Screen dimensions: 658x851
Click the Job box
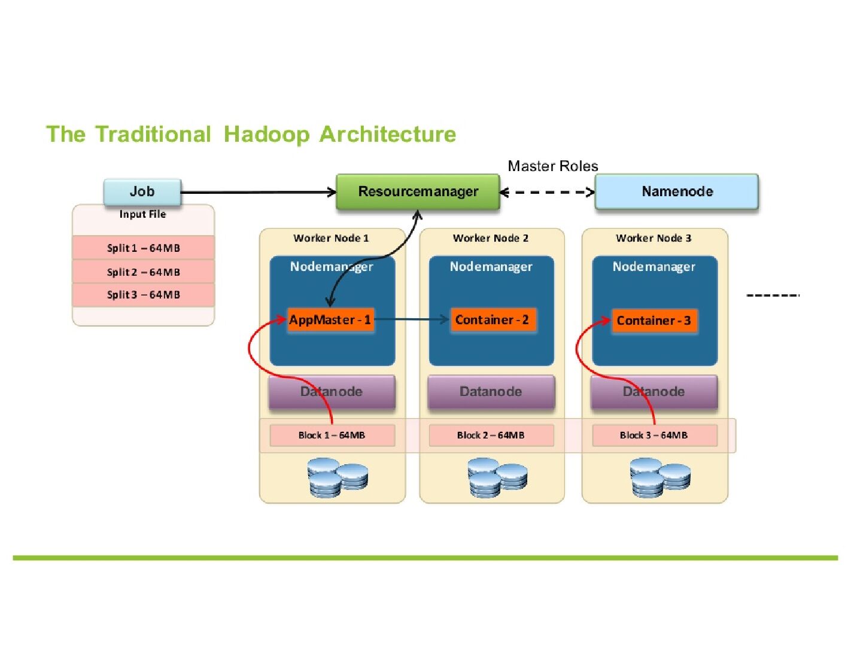coord(142,191)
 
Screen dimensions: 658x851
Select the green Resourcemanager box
coord(418,191)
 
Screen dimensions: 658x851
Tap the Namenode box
coord(677,191)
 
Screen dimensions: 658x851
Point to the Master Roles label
coord(552,166)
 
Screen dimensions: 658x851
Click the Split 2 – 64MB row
coord(143,272)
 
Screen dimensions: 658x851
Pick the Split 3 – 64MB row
coord(143,294)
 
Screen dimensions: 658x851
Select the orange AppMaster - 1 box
coord(330,319)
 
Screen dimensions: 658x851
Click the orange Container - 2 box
coord(492,319)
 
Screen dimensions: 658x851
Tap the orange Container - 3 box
coord(654,321)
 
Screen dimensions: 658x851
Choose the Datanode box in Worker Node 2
coord(491,392)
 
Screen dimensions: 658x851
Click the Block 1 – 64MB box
coord(332,435)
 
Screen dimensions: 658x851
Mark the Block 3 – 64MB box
coord(654,435)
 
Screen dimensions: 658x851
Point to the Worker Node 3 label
coord(654,238)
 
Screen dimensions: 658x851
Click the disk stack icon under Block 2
coord(497,477)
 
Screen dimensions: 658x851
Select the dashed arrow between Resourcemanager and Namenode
coord(547,192)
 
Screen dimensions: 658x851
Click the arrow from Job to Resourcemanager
coord(257,192)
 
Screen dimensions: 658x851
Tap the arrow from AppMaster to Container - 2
coord(412,319)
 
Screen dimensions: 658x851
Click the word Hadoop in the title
coord(266,134)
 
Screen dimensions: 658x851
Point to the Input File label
coord(142,214)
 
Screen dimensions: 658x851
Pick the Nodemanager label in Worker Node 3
coord(654,267)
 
